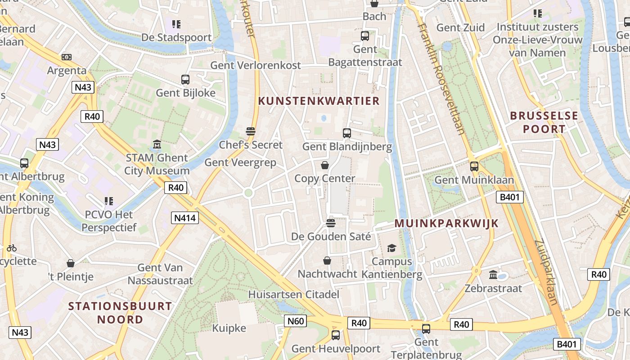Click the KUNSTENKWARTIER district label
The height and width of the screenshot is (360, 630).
tap(319, 101)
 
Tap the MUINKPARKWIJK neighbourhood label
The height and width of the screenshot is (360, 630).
tap(446, 223)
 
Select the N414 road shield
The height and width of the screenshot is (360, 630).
tap(185, 218)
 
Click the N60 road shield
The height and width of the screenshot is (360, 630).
tap(296, 321)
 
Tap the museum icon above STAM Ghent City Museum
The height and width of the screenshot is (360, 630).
tap(157, 145)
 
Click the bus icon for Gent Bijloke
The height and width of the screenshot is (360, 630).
tap(185, 80)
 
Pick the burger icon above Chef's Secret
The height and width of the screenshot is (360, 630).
tap(251, 131)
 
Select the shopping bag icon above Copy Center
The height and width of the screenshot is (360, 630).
tap(324, 166)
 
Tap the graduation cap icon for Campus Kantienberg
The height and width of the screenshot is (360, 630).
tap(391, 248)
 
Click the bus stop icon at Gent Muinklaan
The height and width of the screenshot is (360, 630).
tap(474, 166)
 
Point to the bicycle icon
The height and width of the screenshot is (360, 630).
tap(12, 248)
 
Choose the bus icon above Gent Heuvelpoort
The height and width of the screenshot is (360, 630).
tap(335, 335)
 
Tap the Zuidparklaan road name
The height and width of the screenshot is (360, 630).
tap(547, 272)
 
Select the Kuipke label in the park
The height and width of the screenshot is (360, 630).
tap(229, 328)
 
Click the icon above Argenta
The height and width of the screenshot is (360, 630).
tap(67, 57)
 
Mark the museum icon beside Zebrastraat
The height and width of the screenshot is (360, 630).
tap(493, 275)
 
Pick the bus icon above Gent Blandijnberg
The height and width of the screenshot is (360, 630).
tap(346, 133)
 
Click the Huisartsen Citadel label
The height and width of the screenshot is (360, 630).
tap(293, 295)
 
